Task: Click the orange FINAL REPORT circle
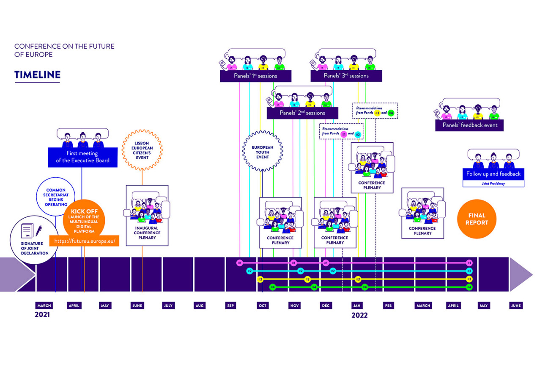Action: click(477, 219)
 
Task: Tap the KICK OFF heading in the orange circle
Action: click(84, 211)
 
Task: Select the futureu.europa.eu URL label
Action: click(85, 241)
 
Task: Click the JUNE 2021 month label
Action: click(137, 305)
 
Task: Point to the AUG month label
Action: click(200, 305)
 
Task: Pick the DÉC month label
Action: click(326, 305)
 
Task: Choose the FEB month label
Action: click(389, 305)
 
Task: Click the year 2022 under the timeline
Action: click(359, 315)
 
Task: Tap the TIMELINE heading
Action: click(37, 75)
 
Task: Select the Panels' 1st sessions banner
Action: click(255, 76)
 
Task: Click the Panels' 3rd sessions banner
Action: click(346, 76)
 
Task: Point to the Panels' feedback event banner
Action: click(470, 125)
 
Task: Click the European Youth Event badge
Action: click(263, 151)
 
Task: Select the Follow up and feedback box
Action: click(493, 174)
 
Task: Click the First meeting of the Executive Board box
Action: click(82, 157)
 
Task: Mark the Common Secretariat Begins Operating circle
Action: click(56, 197)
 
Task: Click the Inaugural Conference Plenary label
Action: click(147, 233)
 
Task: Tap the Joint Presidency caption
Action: click(493, 184)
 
